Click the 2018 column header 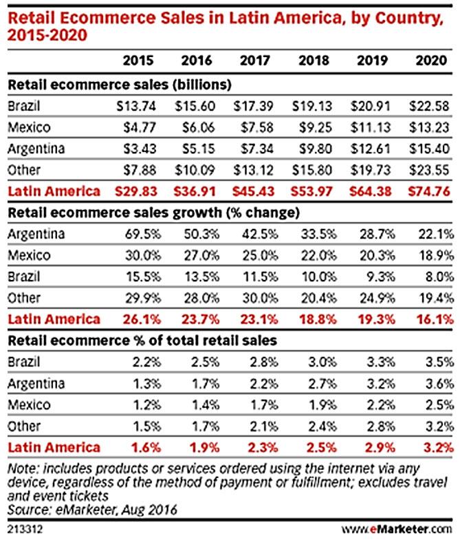click(313, 61)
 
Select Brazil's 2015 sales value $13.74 click(138, 107)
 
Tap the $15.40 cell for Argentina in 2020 click(430, 149)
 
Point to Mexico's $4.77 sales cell click(140, 127)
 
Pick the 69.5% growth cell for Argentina click(139, 235)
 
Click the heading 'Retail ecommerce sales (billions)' click(118, 85)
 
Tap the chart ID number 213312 click(23, 529)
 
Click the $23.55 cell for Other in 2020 click(430, 170)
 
